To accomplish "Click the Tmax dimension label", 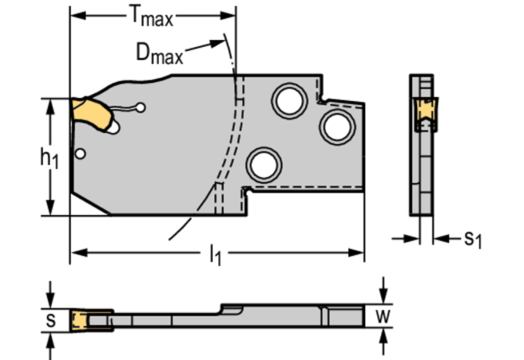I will tap(152, 15).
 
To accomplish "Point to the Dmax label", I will tap(159, 53).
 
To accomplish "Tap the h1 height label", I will tap(48, 157).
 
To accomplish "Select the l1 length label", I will tap(214, 254).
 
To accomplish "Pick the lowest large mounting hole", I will tap(264, 164).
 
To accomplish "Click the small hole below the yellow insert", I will tap(81, 153).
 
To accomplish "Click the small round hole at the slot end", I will tap(140, 108).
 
